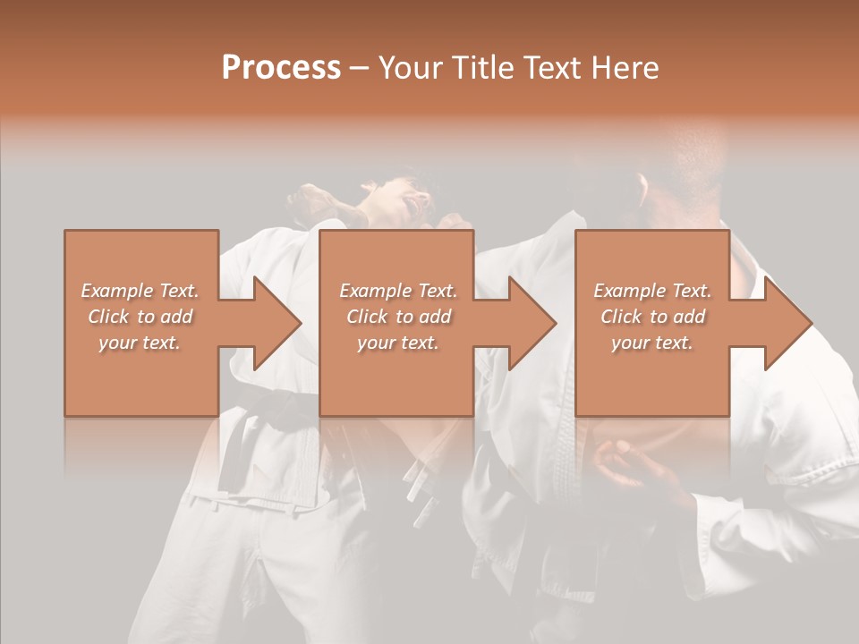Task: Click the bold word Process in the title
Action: tap(281, 68)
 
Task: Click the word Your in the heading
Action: tap(411, 68)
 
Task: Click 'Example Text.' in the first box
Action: tap(140, 291)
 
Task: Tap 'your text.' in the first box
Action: tap(140, 343)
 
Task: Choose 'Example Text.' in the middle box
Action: tap(398, 291)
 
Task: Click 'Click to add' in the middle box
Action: tap(398, 317)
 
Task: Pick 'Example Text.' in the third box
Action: tap(652, 291)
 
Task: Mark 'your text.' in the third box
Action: tap(652, 343)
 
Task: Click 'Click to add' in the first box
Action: tap(140, 317)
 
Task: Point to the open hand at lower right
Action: tap(626, 465)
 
